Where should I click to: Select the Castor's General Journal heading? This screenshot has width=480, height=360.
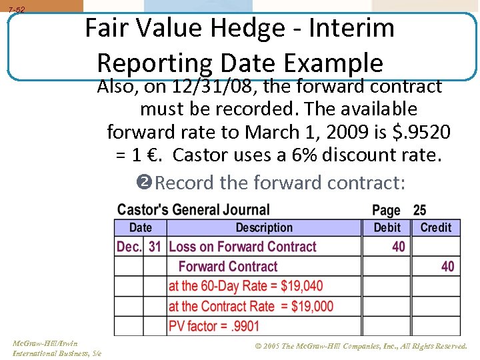pyautogui.click(x=193, y=210)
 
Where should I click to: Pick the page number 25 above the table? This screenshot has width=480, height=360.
pyautogui.click(x=419, y=211)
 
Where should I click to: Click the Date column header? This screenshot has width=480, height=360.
pyautogui.click(x=140, y=227)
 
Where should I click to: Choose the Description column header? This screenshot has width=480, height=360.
pyautogui.click(x=264, y=227)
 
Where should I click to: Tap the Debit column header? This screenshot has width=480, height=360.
pyautogui.click(x=387, y=227)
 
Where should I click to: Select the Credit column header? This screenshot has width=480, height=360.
pyautogui.click(x=436, y=227)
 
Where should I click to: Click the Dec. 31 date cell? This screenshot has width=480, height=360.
pyautogui.click(x=139, y=247)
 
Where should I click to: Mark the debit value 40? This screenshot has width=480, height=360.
pyautogui.click(x=399, y=247)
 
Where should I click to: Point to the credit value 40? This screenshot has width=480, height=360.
pyautogui.click(x=448, y=267)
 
